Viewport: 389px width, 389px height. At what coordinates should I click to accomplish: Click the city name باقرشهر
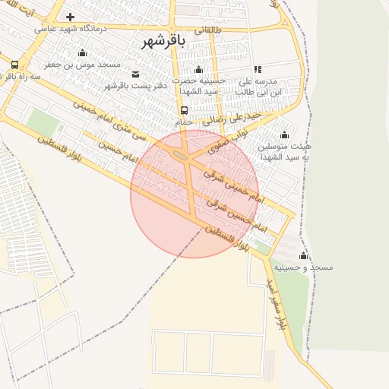(x=164, y=41)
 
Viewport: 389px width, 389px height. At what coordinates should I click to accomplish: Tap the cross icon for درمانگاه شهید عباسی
(x=70, y=17)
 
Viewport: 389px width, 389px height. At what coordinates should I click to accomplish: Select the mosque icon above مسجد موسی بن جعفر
(x=82, y=52)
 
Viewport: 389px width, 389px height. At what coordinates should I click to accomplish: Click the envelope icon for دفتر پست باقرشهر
(x=136, y=74)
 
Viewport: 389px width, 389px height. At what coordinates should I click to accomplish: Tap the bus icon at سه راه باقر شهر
(x=15, y=65)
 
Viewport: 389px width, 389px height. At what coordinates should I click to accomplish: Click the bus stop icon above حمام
(x=185, y=109)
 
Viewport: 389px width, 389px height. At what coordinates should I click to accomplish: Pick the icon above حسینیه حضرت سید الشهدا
(x=198, y=70)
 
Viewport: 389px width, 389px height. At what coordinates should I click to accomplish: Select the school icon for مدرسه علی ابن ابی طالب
(x=257, y=69)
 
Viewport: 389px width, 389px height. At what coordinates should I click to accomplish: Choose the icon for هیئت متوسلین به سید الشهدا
(x=285, y=135)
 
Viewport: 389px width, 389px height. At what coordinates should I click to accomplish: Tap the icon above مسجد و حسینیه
(x=304, y=255)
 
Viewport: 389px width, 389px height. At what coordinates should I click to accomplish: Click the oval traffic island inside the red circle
(x=181, y=156)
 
